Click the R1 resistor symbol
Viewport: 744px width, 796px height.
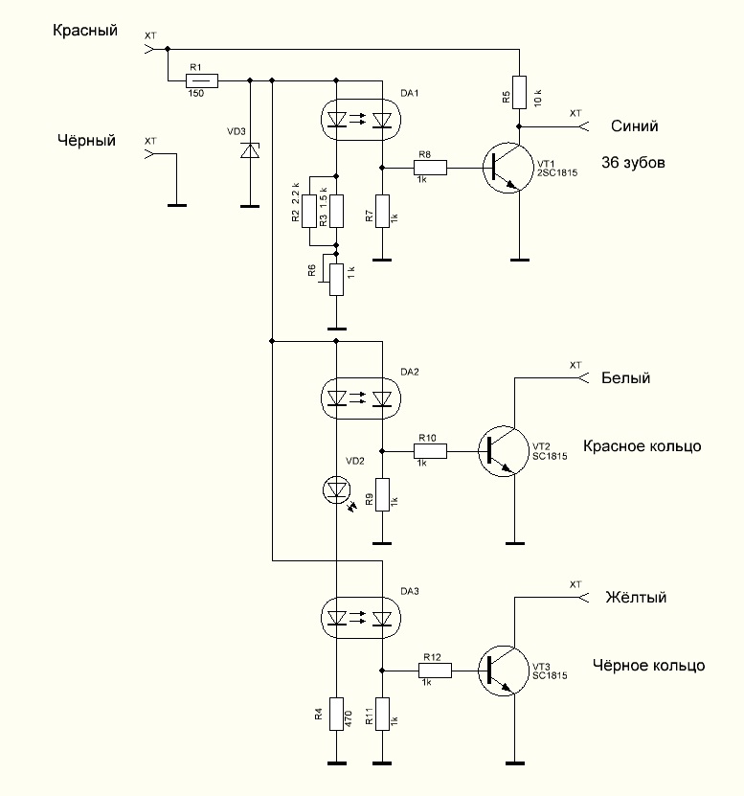(x=201, y=80)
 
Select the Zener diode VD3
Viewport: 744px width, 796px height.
(x=250, y=150)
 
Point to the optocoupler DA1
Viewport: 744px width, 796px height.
(x=361, y=120)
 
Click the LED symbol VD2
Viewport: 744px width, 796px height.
(x=336, y=489)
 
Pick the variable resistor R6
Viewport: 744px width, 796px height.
(x=336, y=279)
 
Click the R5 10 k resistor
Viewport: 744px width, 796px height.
(x=519, y=92)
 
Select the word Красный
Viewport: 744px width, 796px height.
(x=85, y=31)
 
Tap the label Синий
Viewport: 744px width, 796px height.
(x=635, y=125)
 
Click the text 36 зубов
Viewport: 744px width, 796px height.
(x=633, y=163)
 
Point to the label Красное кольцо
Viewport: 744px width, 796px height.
(x=642, y=446)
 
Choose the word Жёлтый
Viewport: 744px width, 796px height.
(x=636, y=597)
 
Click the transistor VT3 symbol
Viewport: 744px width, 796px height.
(x=505, y=671)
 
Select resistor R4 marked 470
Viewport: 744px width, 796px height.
(x=336, y=715)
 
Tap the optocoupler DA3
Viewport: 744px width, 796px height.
(x=361, y=619)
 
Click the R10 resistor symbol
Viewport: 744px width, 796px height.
(x=430, y=451)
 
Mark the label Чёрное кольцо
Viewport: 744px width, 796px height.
(x=648, y=666)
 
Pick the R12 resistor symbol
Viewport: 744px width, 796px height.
(x=435, y=671)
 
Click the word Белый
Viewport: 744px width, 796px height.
(x=626, y=377)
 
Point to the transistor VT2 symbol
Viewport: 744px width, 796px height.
(x=505, y=451)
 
